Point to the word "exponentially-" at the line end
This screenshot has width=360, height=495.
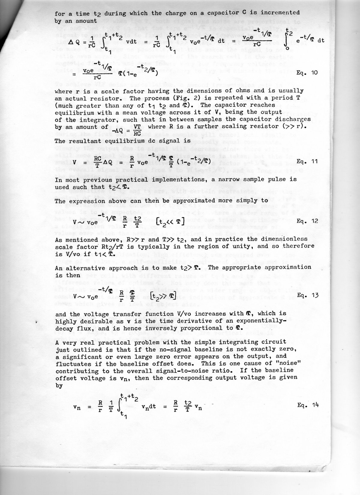(x=262, y=321)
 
